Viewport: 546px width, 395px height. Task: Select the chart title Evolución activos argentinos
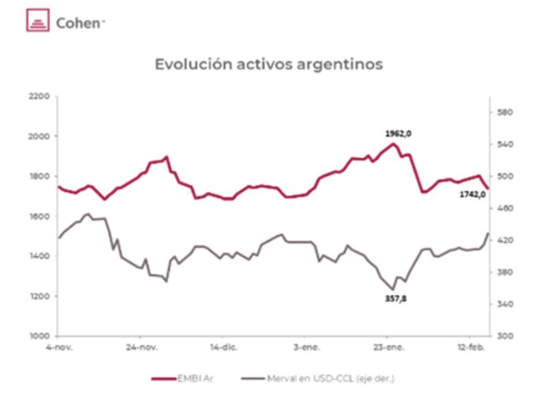click(268, 64)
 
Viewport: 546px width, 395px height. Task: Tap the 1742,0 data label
click(472, 194)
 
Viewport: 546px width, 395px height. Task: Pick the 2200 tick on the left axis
click(40, 96)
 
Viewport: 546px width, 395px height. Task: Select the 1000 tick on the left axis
click(40, 336)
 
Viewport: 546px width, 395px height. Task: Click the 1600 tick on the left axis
click(40, 216)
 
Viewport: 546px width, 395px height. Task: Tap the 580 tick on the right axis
click(504, 112)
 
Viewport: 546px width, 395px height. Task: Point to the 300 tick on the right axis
click(504, 336)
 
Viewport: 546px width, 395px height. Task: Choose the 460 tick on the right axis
click(504, 208)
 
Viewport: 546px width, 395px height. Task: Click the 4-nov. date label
click(60, 349)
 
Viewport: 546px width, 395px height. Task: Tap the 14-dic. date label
click(225, 349)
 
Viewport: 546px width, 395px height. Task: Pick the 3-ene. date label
click(306, 349)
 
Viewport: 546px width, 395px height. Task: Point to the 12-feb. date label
click(471, 349)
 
